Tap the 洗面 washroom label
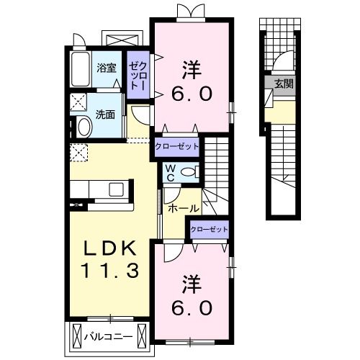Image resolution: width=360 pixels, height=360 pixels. point(106,113)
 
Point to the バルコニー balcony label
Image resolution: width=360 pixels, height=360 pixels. point(109,335)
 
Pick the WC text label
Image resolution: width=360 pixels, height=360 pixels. point(171,172)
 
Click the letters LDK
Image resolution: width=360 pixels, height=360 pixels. point(109,249)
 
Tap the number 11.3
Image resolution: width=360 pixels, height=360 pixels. point(109,271)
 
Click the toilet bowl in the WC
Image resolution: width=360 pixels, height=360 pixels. point(189,172)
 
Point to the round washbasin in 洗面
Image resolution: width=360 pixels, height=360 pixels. point(83,127)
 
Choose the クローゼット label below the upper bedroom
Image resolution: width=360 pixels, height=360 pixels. point(177,146)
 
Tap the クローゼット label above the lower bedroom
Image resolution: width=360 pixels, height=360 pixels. point(210,230)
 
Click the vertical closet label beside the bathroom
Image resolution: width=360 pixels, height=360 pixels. point(137,75)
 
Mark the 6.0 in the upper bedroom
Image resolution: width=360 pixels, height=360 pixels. point(191,94)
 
